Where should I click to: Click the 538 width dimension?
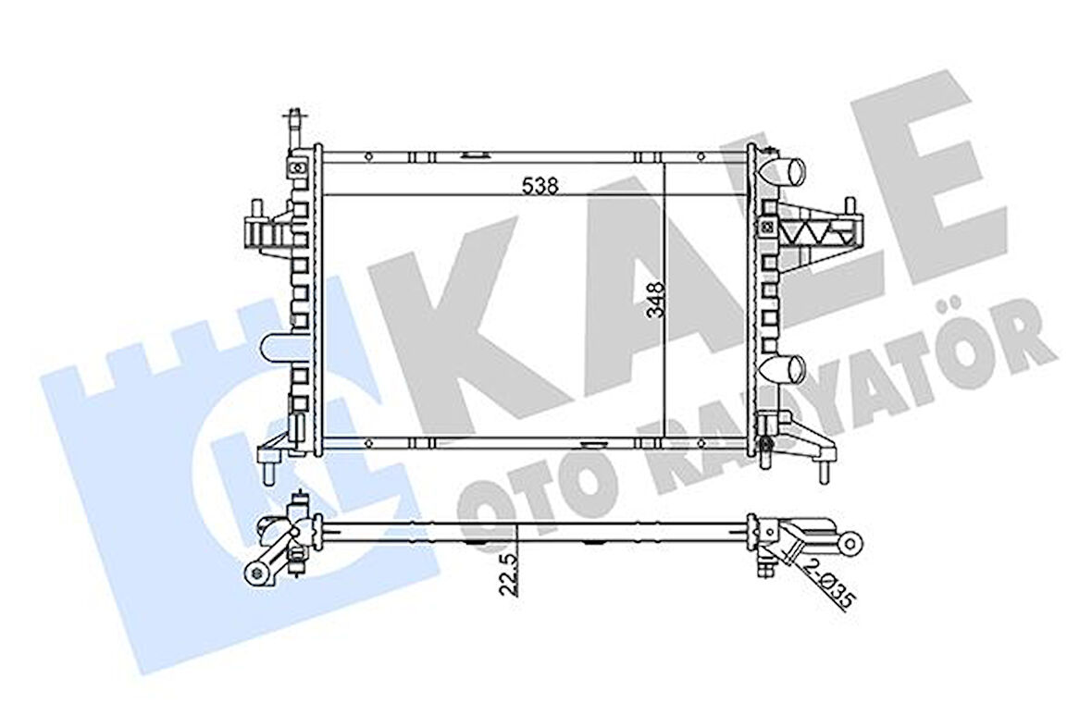(x=540, y=185)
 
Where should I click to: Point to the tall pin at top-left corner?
(x=294, y=125)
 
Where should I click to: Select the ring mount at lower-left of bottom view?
(x=255, y=573)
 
